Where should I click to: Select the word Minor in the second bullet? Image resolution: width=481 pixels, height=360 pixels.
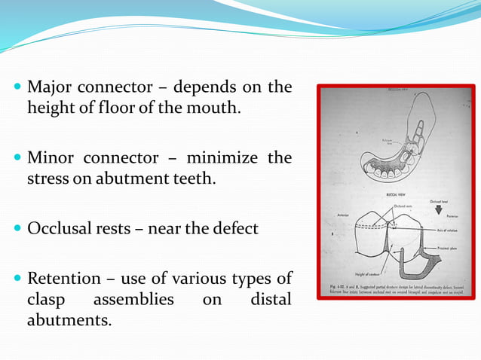pyautogui.click(x=48, y=159)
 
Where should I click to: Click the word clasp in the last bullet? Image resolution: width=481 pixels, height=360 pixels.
pyautogui.click(x=46, y=301)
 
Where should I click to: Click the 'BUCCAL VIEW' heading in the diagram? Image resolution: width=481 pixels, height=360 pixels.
pyautogui.click(x=396, y=193)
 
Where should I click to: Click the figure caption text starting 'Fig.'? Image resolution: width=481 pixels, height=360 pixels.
pyautogui.click(x=395, y=291)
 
